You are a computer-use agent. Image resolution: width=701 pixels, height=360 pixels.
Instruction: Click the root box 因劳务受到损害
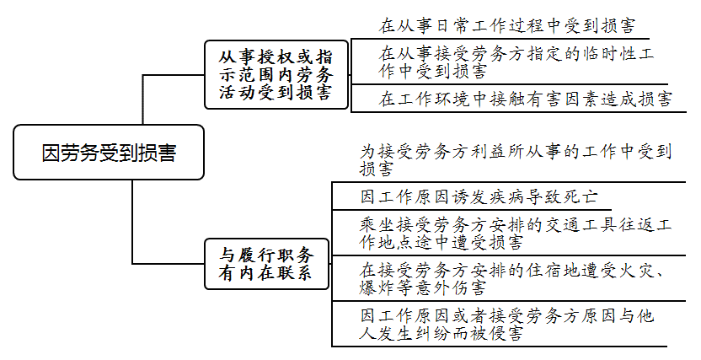tap(109, 153)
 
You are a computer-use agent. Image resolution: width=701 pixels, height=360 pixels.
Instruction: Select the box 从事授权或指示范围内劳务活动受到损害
tap(276, 74)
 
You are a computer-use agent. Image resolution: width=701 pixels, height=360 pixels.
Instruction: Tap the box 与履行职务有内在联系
tap(267, 264)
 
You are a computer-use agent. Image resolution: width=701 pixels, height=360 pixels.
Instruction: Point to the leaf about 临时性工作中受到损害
tap(516, 62)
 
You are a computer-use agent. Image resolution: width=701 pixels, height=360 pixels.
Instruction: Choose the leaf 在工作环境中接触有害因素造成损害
tap(524, 99)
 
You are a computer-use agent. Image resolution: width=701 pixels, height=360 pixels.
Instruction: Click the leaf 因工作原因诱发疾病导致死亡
tap(478, 197)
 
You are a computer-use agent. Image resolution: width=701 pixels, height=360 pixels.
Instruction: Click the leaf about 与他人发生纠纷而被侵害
tap(506, 325)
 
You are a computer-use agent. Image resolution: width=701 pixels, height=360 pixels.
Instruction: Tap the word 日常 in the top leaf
tap(457, 24)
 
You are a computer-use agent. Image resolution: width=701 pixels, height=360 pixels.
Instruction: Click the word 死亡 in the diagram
tap(579, 197)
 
